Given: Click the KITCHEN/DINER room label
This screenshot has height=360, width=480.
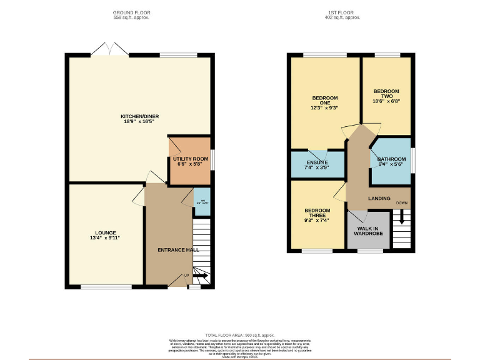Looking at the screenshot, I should click(x=137, y=116).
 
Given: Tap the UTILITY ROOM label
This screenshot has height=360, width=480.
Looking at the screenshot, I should click(x=190, y=159).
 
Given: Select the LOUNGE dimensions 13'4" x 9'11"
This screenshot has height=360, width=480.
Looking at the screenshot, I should click(x=105, y=238).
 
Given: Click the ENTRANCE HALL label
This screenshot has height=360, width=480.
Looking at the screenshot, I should click(x=178, y=250).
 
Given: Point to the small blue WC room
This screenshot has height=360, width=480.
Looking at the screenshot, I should click(x=201, y=202).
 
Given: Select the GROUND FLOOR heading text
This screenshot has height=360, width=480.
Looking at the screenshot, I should click(x=131, y=12).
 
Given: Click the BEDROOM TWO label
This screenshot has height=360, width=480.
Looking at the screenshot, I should click(x=386, y=94).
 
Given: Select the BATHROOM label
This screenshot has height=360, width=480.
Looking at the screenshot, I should click(x=391, y=160).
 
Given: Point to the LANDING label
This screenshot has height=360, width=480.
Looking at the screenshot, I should click(x=379, y=199).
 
